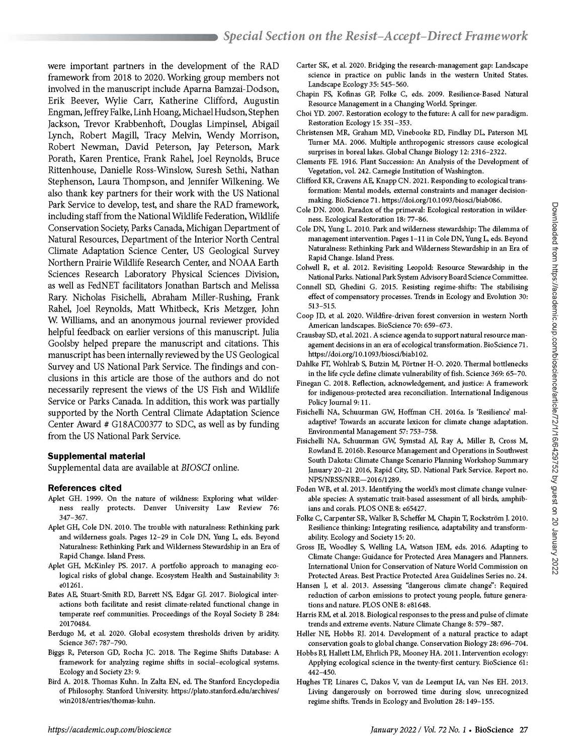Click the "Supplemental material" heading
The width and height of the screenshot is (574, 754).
pos(96,456)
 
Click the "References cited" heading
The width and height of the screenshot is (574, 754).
pos(85,488)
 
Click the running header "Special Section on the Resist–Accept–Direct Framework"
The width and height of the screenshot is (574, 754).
pos(375,36)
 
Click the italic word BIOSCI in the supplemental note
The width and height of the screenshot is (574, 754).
pos(193,467)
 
